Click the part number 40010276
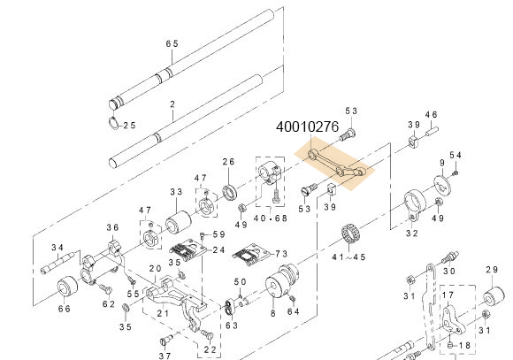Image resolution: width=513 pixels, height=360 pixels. (306, 128)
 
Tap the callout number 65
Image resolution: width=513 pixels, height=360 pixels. (172, 43)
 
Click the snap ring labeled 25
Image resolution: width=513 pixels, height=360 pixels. (115, 123)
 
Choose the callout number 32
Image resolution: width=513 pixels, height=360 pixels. (411, 234)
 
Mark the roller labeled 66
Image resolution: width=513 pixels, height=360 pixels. (66, 289)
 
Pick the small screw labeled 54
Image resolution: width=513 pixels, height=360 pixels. (452, 173)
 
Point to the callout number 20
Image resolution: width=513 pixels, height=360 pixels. (154, 269)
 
